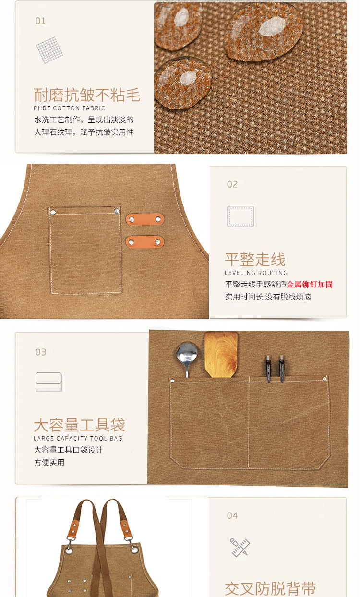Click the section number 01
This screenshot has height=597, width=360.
40,21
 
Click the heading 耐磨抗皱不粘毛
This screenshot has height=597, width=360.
87,95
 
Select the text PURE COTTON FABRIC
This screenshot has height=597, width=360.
69,108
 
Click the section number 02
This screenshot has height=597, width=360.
232,184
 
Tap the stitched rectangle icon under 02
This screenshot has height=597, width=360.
240,216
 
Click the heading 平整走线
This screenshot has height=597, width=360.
255,260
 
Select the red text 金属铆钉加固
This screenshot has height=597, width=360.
310,284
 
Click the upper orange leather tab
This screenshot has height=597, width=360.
145,219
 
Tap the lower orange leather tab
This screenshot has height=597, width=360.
145,242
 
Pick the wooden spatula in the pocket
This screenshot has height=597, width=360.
221,354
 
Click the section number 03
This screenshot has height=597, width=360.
40,352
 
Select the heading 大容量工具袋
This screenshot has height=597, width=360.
79,425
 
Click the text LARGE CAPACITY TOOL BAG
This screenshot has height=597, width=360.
78,438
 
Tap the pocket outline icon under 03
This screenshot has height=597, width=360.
48,382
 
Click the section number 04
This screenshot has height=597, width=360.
232,515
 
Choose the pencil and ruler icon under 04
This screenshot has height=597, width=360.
240,547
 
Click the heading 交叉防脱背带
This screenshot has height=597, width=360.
270,589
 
